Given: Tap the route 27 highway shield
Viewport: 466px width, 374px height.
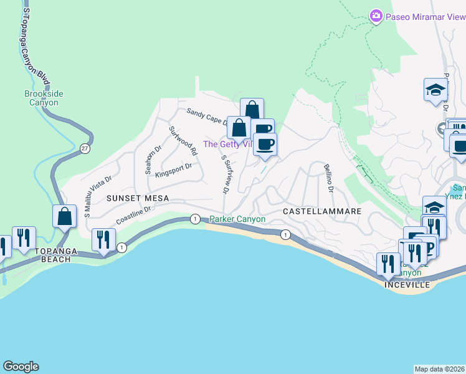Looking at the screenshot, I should click(x=85, y=148).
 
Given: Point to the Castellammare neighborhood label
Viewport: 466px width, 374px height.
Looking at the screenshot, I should click(x=322, y=211).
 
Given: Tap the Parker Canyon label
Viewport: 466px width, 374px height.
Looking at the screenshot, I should click(x=237, y=219).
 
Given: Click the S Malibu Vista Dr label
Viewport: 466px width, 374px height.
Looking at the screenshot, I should click(x=98, y=196).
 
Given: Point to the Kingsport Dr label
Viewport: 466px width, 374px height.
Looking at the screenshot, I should click(x=173, y=171).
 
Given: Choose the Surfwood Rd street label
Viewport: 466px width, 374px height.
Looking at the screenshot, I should click(x=183, y=141).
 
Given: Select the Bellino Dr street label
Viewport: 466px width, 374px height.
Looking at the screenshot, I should click(x=329, y=178).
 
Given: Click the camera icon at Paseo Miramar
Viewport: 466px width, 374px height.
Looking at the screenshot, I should click(x=375, y=16).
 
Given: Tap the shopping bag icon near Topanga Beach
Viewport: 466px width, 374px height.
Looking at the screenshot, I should click(x=65, y=217).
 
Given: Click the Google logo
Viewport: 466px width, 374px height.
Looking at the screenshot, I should click(x=21, y=367).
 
